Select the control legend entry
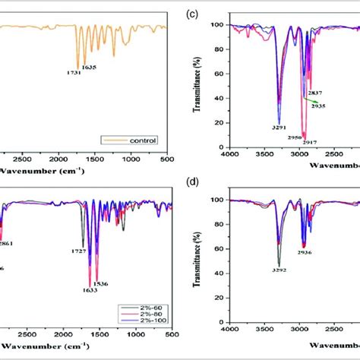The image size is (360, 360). [132, 140]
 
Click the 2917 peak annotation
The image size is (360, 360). [310, 141]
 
